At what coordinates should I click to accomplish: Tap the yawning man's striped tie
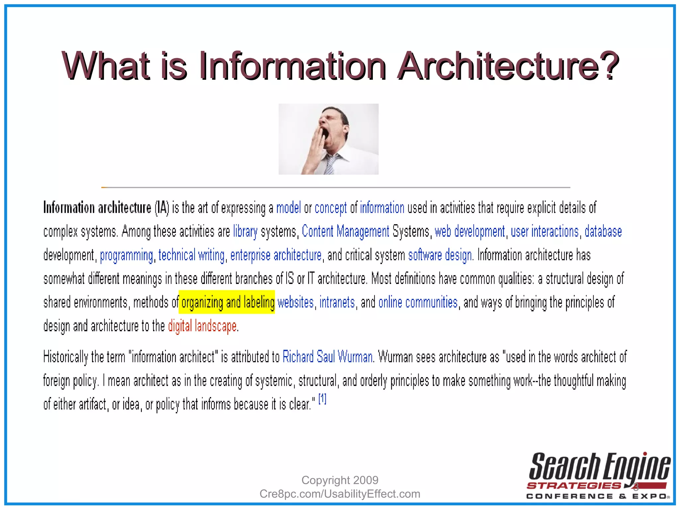click(329, 165)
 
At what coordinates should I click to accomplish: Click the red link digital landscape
click(202, 326)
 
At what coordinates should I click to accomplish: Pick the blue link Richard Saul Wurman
click(327, 357)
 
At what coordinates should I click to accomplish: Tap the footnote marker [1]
click(322, 398)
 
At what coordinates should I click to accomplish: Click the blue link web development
click(469, 231)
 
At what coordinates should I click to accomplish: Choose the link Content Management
click(345, 231)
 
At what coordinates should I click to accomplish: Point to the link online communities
click(418, 302)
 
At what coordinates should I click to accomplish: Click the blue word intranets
click(337, 302)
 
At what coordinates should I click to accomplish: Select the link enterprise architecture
click(276, 255)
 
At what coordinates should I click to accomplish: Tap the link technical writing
click(192, 255)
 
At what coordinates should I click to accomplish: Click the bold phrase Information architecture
click(97, 208)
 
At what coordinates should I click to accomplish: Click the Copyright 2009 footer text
click(340, 480)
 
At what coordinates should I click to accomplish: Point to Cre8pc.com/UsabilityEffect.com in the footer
click(340, 494)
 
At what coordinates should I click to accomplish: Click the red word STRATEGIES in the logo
click(574, 486)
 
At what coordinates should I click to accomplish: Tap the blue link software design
click(440, 255)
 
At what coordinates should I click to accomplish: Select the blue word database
click(603, 231)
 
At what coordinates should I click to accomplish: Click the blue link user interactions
click(545, 231)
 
